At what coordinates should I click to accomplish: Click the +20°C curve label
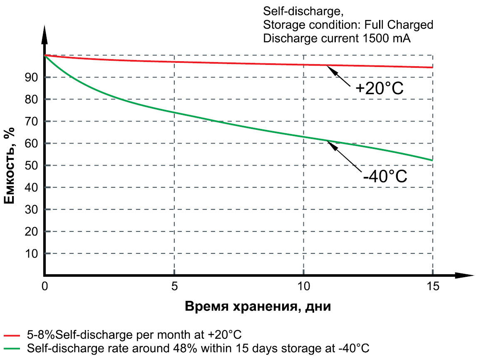tap(379, 89)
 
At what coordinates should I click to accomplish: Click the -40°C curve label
tap(384, 176)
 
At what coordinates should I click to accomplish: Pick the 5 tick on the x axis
tap(174, 286)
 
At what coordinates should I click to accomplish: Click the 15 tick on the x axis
tap(433, 286)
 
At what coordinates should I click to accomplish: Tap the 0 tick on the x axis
tap(45, 286)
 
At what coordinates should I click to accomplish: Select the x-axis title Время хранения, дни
tap(258, 307)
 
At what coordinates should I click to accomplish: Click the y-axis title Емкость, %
tap(10, 166)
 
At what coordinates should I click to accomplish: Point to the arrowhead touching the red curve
tap(329, 67)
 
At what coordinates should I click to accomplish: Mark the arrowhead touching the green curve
tap(330, 143)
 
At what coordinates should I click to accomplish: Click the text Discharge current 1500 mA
tap(337, 39)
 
